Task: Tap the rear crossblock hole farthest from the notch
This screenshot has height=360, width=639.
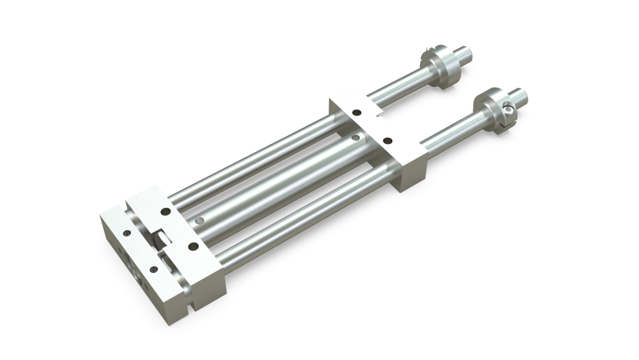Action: [387, 139]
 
